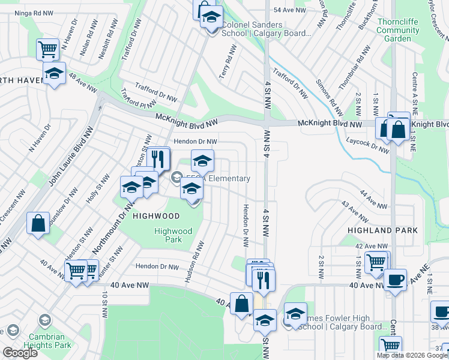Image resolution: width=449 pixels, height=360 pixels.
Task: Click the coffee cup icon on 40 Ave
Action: tap(395, 280)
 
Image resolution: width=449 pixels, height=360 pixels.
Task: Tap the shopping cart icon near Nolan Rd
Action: tap(47, 49)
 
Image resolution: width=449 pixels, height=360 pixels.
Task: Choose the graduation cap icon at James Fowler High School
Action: tap(295, 314)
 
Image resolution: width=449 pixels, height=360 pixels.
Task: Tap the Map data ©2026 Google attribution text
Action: tap(411, 355)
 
